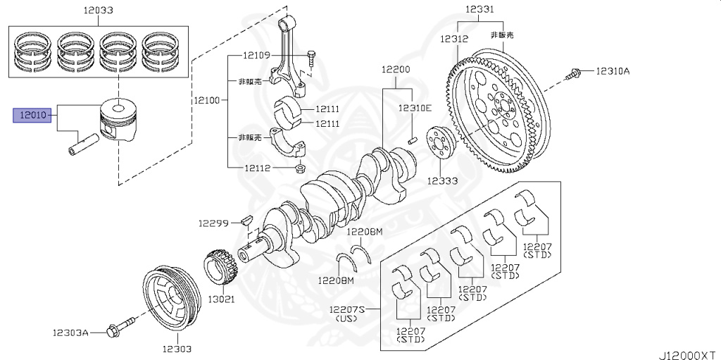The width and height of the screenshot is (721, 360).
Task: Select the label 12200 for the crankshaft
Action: (x=396, y=70)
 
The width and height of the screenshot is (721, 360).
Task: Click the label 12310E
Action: (x=414, y=108)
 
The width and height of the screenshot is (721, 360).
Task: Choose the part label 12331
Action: (x=479, y=11)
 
